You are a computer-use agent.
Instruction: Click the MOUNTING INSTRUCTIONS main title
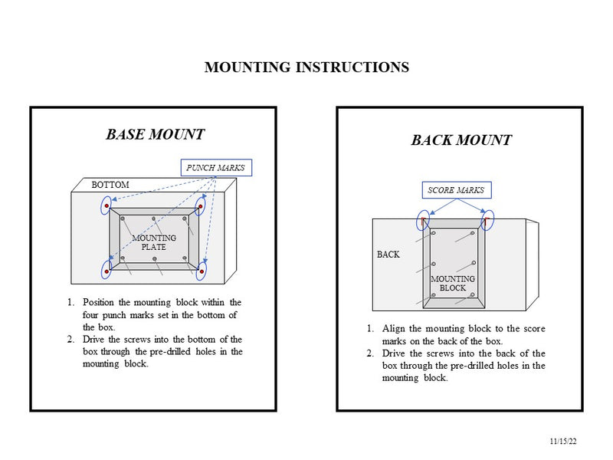click(306, 67)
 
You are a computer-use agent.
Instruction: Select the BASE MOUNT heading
click(155, 135)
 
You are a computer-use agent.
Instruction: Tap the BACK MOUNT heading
click(461, 140)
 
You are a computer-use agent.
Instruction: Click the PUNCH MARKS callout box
click(215, 167)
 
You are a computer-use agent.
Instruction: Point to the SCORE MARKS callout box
click(456, 189)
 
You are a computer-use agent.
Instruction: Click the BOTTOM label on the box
click(110, 185)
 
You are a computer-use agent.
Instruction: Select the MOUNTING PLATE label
click(154, 242)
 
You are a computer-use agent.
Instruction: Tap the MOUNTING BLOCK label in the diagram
click(452, 283)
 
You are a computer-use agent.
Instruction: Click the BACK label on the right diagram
click(388, 254)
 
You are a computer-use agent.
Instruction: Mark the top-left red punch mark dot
click(107, 206)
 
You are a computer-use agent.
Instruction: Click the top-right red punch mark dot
click(201, 206)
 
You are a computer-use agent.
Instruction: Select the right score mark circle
click(487, 221)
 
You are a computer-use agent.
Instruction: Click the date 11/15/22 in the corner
click(563, 442)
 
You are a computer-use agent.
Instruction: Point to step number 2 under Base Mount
click(70, 339)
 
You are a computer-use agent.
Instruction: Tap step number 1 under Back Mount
click(370, 328)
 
